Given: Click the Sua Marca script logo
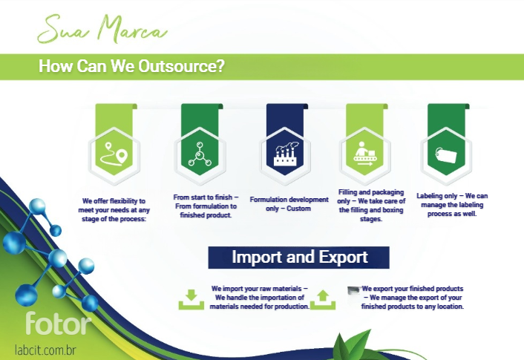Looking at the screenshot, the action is pos(102,30).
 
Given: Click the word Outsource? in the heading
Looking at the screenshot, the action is pos(181,66).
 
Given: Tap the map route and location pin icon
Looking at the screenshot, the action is pos(114,154).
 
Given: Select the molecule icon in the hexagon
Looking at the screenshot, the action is pos(200,154).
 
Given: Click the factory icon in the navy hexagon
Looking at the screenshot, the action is pos(285,154).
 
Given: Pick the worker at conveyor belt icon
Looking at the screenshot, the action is pos(364,154).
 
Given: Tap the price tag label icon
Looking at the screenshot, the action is pos(446,154).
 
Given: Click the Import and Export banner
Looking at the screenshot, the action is pos(299,258).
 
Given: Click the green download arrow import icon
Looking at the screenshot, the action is pos(191,299).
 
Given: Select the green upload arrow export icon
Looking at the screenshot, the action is pos(323,299).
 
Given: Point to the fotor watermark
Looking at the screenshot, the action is pos(58,323).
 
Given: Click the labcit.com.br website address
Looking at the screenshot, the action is pos(45,350).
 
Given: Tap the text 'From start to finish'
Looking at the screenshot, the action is pos(203,197).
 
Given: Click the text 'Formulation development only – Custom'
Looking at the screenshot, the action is pos(289,204).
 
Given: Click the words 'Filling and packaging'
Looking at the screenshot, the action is pos(371,192).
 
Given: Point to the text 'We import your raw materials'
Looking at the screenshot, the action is pos(256,289).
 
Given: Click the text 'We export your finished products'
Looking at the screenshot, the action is pos(413,289).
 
